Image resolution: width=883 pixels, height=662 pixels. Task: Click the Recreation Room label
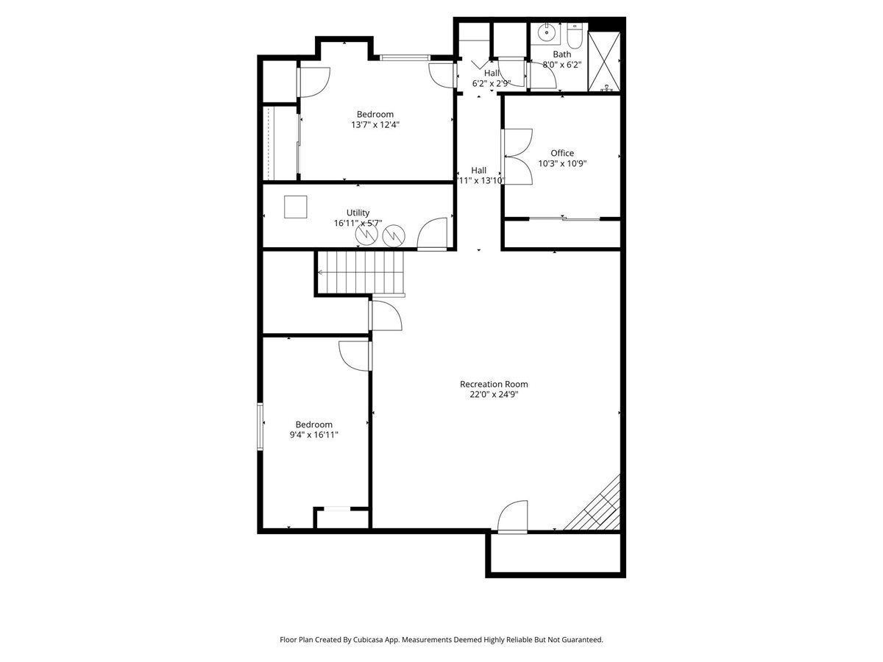(493, 384)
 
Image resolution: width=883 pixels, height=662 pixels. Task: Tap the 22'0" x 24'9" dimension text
(493, 394)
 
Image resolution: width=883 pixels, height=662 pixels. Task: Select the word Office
(562, 153)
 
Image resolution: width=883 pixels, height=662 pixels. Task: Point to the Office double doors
(517, 157)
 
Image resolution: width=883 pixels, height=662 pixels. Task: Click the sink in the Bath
(546, 33)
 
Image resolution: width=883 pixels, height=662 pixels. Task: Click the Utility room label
(358, 213)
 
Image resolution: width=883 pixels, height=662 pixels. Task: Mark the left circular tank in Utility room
(366, 235)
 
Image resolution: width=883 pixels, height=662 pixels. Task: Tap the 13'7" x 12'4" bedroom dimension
(375, 124)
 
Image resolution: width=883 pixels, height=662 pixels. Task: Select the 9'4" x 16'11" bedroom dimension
(314, 435)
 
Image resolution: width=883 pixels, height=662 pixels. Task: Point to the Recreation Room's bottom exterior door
(513, 517)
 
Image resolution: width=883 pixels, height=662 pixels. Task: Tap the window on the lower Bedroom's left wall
(260, 426)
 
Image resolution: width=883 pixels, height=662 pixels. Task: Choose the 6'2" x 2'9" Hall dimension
(491, 83)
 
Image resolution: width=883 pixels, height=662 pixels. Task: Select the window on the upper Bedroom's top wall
(405, 57)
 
